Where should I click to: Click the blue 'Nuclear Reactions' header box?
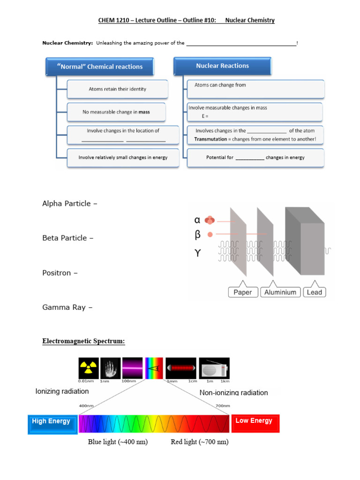(222, 66)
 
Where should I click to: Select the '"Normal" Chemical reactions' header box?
(100, 67)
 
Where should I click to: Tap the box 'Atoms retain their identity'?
(117, 89)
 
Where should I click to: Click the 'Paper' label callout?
(242, 292)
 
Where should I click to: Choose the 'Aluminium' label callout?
(280, 292)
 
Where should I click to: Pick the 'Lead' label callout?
(314, 292)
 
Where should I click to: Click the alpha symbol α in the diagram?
(197, 220)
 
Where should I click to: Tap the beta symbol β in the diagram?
(197, 234)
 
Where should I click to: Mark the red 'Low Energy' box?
(255, 421)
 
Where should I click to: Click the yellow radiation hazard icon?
(88, 368)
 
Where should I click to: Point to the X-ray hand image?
(110, 368)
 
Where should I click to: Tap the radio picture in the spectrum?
(214, 368)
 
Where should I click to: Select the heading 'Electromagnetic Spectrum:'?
(84, 341)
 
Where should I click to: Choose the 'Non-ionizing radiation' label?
(234, 393)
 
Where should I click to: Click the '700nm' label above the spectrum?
(222, 405)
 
